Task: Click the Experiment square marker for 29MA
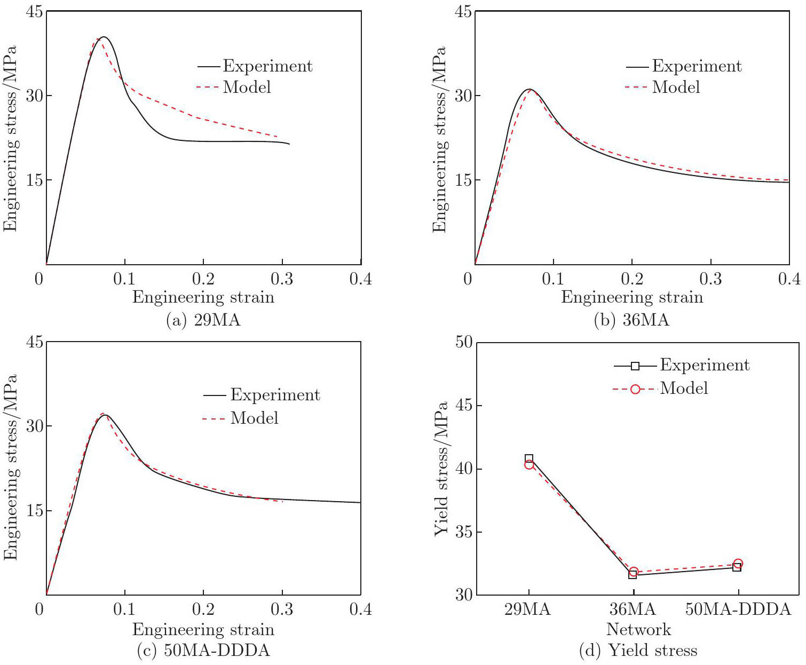point(529,459)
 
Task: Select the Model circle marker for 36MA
point(634,572)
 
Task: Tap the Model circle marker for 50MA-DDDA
point(738,564)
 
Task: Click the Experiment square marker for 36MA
point(633,575)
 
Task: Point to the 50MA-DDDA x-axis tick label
point(738,609)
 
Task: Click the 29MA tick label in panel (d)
point(527,609)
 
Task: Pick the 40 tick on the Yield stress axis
point(464,469)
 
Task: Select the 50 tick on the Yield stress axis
point(464,342)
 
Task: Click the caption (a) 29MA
point(203,320)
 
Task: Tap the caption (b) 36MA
point(631,320)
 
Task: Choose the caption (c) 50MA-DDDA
point(203,651)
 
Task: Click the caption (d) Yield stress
point(638,651)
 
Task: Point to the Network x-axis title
point(638,630)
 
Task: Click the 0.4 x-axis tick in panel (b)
point(789,279)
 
